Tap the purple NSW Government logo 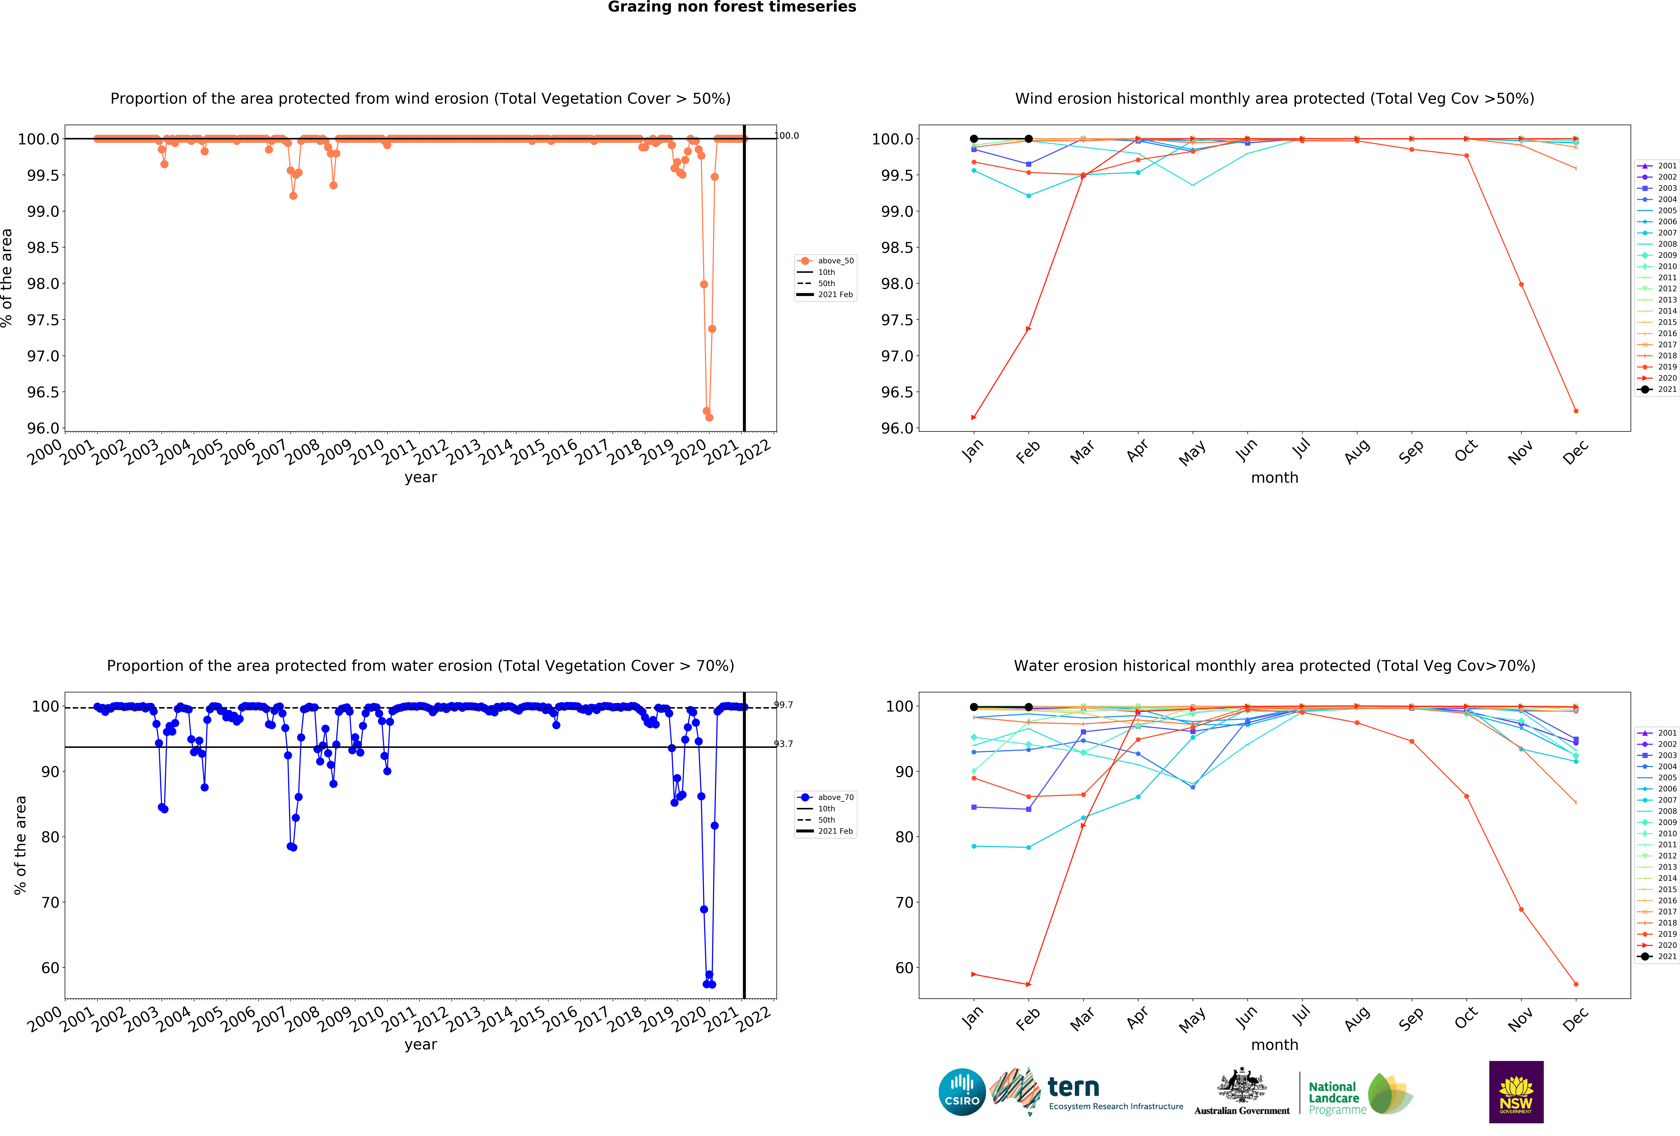tap(1516, 1092)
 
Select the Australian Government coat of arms tap(1241, 1085)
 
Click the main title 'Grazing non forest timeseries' tap(732, 7)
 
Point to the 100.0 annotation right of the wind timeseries tap(787, 135)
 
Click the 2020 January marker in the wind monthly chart tap(974, 417)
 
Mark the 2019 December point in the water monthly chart tap(1576, 984)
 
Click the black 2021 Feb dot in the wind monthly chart tap(1029, 139)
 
